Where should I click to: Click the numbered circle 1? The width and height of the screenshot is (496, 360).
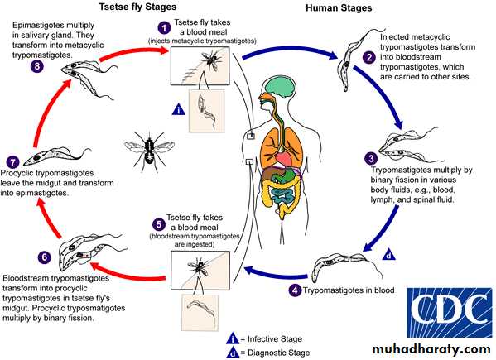[x=164, y=28]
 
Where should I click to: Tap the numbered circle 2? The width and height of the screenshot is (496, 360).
[x=369, y=57]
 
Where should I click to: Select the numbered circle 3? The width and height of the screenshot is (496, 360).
[x=371, y=158]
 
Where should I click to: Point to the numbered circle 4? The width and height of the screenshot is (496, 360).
[x=295, y=290]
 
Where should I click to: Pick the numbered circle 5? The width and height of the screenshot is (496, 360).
[x=159, y=224]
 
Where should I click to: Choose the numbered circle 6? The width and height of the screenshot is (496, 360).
[x=44, y=257]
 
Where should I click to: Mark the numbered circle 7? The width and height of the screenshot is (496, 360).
[x=12, y=162]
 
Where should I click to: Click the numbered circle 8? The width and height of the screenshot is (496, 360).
[x=37, y=66]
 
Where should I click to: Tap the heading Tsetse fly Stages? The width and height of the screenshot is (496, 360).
[x=137, y=7]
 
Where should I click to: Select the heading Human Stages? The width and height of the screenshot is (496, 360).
[x=339, y=7]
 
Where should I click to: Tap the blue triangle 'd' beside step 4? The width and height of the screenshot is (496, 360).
[x=389, y=254]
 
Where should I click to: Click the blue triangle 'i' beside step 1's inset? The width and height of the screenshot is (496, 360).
[x=179, y=109]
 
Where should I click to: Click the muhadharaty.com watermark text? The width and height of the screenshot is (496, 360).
[x=431, y=349]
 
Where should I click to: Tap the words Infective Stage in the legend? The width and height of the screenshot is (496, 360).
[x=275, y=339]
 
